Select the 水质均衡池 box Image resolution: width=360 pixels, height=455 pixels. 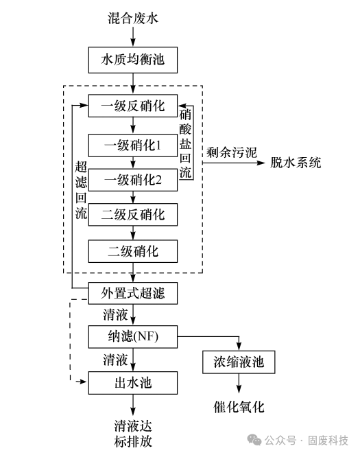click(x=133, y=60)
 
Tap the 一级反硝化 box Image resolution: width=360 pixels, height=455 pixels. click(x=133, y=106)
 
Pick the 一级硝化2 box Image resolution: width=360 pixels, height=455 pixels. click(x=133, y=180)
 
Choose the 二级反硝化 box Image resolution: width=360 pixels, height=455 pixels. click(x=133, y=215)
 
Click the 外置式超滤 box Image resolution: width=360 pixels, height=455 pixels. click(x=133, y=294)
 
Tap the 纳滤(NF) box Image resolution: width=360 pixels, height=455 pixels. click(x=133, y=336)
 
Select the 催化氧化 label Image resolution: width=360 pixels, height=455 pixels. click(x=238, y=407)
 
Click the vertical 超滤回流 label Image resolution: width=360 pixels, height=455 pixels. click(x=80, y=189)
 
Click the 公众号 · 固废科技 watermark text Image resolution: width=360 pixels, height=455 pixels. click(x=307, y=439)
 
